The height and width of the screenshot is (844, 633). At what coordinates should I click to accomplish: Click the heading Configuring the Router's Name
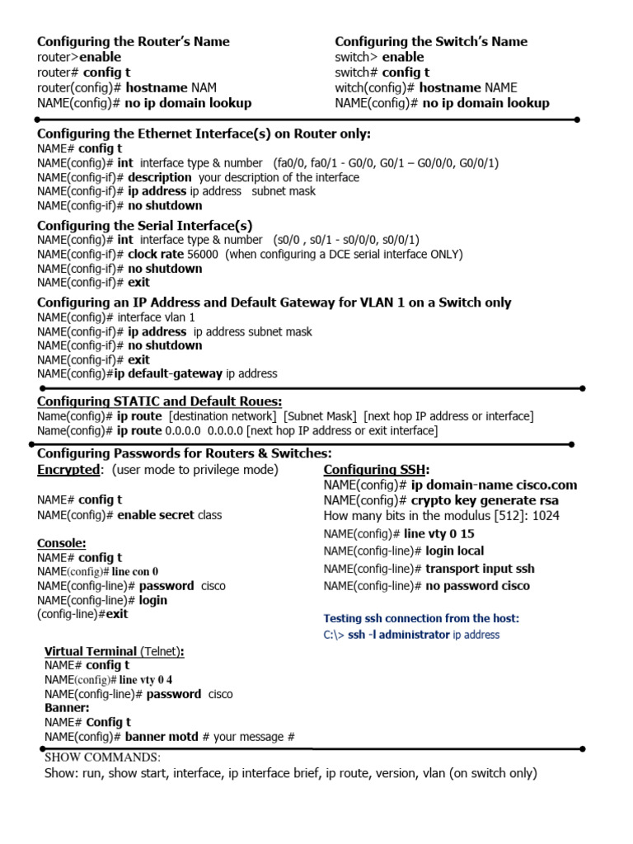pyautogui.click(x=134, y=42)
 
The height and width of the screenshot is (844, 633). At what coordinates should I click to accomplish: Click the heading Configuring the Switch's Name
pyautogui.click(x=431, y=42)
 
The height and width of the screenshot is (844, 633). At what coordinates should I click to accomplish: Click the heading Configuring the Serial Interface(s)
pyautogui.click(x=145, y=225)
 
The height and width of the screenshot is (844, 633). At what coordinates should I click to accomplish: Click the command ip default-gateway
pyautogui.click(x=168, y=373)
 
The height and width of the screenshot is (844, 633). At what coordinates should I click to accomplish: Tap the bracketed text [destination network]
pyautogui.click(x=223, y=416)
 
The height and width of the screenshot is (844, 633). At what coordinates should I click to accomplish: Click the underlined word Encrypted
pyautogui.click(x=68, y=470)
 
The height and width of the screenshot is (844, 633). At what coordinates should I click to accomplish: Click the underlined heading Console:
pyautogui.click(x=62, y=543)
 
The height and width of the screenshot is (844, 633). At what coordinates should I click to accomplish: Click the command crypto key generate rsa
pyautogui.click(x=485, y=500)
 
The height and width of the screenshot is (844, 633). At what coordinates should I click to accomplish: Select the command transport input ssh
pyautogui.click(x=480, y=569)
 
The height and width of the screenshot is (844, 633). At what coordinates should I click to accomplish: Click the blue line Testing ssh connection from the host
pyautogui.click(x=421, y=618)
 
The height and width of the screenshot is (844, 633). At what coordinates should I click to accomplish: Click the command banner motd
pyautogui.click(x=162, y=737)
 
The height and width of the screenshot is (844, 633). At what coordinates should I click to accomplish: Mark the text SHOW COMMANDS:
pyautogui.click(x=102, y=757)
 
